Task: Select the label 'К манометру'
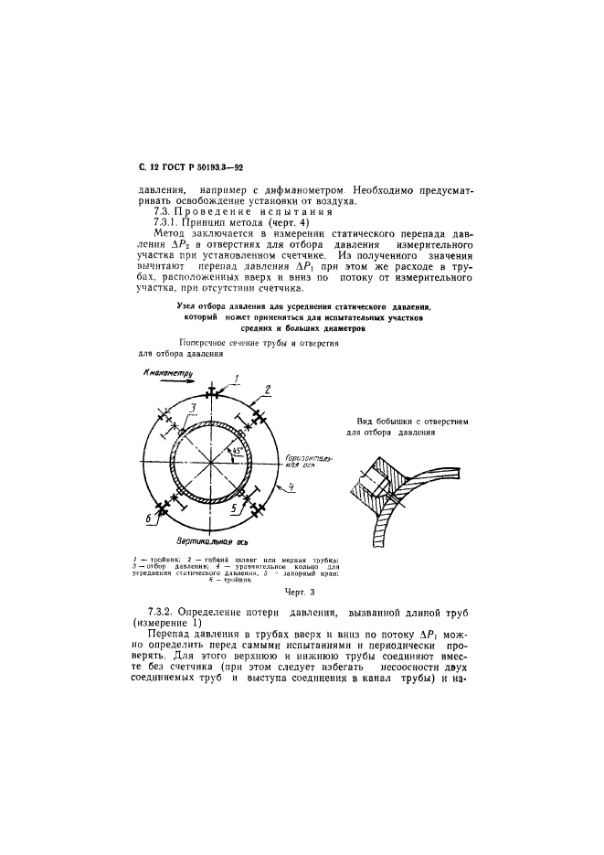pos(164,373)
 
